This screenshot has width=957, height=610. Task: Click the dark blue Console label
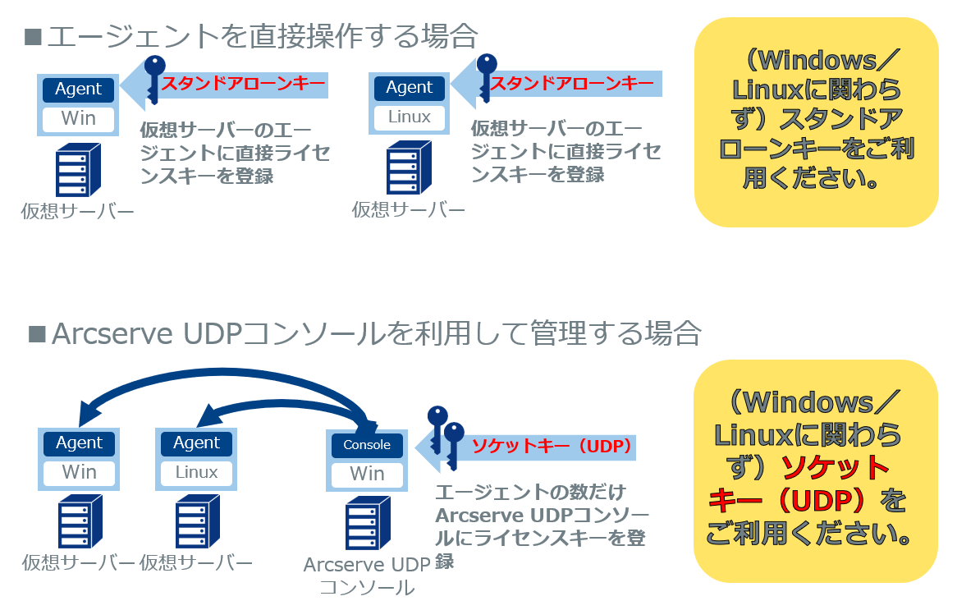pos(367,444)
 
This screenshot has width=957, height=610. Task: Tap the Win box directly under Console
pos(367,474)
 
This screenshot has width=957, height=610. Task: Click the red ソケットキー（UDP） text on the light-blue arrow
pos(551,447)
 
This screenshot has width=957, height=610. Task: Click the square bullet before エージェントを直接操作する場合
pos(33,36)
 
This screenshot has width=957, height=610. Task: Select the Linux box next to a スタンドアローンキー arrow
pos(409,117)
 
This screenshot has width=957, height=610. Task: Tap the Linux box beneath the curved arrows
pos(196,472)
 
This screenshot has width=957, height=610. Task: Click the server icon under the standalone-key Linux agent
pos(408,167)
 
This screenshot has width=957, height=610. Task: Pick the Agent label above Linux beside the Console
pos(196,443)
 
